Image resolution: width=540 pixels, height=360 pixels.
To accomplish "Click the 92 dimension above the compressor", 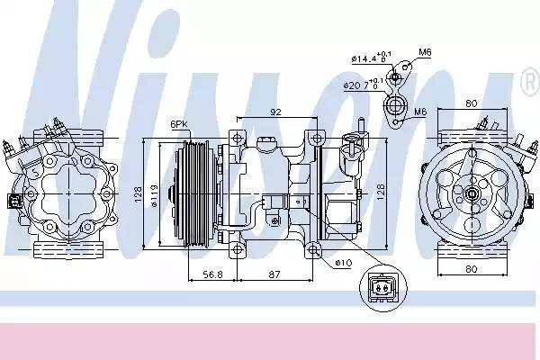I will (x=276, y=113).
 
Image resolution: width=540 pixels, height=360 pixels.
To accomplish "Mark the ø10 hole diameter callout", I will (x=343, y=263).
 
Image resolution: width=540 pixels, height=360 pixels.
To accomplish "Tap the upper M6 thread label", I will (x=425, y=51).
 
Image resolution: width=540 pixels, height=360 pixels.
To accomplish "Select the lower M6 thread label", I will (x=419, y=112).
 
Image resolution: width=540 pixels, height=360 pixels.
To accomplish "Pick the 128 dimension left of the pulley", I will (x=138, y=192).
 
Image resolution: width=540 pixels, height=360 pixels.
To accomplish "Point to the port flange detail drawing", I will (x=393, y=101).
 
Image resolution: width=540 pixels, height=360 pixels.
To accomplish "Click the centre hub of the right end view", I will (x=472, y=193).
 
